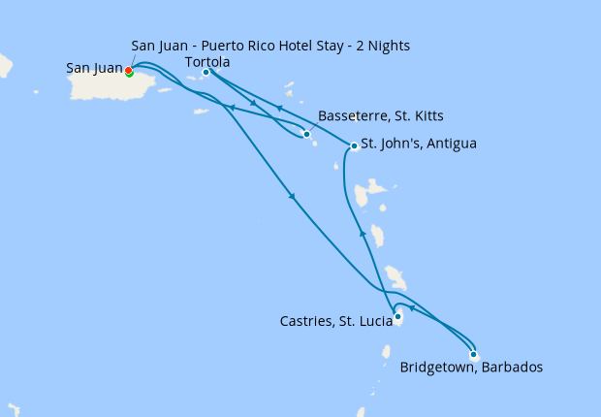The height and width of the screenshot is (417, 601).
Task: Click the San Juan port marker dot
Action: (x=129, y=70)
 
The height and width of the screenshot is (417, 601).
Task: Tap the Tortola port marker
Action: (x=206, y=72)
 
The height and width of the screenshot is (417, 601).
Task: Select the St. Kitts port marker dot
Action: (x=306, y=134)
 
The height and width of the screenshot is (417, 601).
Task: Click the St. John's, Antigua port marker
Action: (x=354, y=146)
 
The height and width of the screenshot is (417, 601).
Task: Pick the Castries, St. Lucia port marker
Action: (x=398, y=315)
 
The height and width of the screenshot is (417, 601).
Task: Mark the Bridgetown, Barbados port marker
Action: (x=473, y=353)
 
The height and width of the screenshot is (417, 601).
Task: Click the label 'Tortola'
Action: (x=206, y=62)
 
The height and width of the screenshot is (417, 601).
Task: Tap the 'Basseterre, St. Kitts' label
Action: (x=380, y=116)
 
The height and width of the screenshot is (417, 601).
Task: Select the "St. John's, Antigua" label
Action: (x=419, y=144)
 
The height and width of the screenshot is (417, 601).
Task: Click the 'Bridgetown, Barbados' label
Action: (x=471, y=368)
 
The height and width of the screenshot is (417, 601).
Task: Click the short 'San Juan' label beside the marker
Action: (x=94, y=68)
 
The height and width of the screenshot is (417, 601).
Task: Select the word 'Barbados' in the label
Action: (x=509, y=368)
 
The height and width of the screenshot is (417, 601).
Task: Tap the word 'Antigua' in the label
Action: (x=450, y=144)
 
